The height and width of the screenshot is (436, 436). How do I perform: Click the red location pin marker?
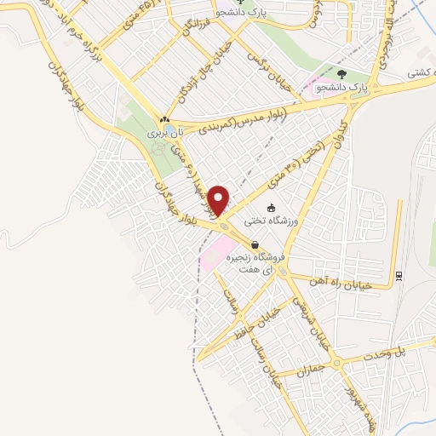click(x=220, y=200)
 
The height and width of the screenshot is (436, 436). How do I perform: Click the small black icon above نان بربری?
click(x=163, y=120)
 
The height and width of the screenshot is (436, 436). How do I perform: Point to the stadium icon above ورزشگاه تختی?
click(x=272, y=208)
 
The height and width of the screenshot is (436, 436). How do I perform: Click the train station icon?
click(x=398, y=274)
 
